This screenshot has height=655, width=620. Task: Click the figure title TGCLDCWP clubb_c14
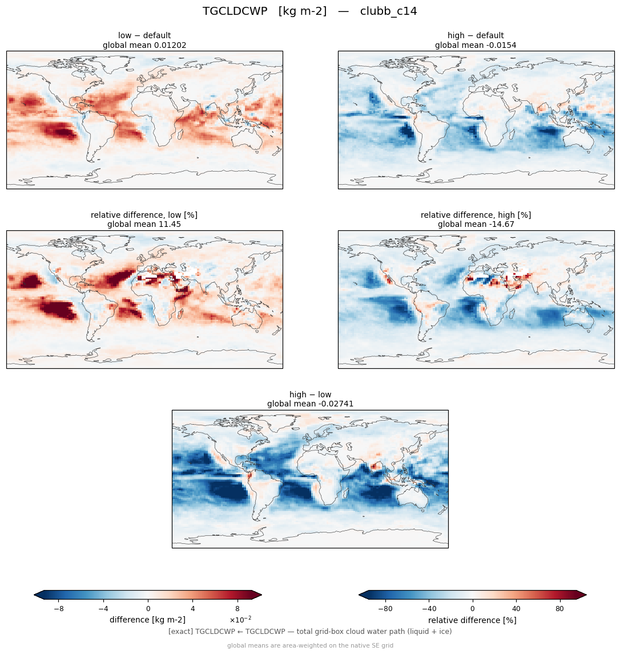click(x=309, y=11)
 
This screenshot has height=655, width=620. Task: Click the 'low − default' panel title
click(x=144, y=35)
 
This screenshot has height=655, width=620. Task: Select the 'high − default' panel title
click(x=476, y=35)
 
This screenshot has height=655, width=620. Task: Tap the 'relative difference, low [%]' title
click(x=144, y=215)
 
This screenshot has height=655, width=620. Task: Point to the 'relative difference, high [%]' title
click(x=476, y=215)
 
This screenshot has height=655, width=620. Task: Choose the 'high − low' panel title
click(x=310, y=394)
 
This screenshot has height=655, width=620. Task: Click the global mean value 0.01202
click(x=170, y=45)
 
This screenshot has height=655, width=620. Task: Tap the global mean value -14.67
click(x=501, y=225)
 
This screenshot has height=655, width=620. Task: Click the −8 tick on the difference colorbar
click(x=59, y=609)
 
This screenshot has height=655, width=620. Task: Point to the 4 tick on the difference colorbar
click(x=193, y=609)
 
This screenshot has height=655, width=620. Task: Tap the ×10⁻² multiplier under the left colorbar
click(x=240, y=619)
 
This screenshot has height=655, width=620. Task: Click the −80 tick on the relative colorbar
click(x=385, y=609)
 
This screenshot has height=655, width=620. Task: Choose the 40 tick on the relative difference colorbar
click(x=516, y=609)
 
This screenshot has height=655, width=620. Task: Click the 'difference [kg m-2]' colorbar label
click(x=147, y=620)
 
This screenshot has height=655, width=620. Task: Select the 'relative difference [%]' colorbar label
click(x=472, y=620)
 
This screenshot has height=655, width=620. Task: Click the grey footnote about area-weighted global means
click(x=310, y=646)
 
